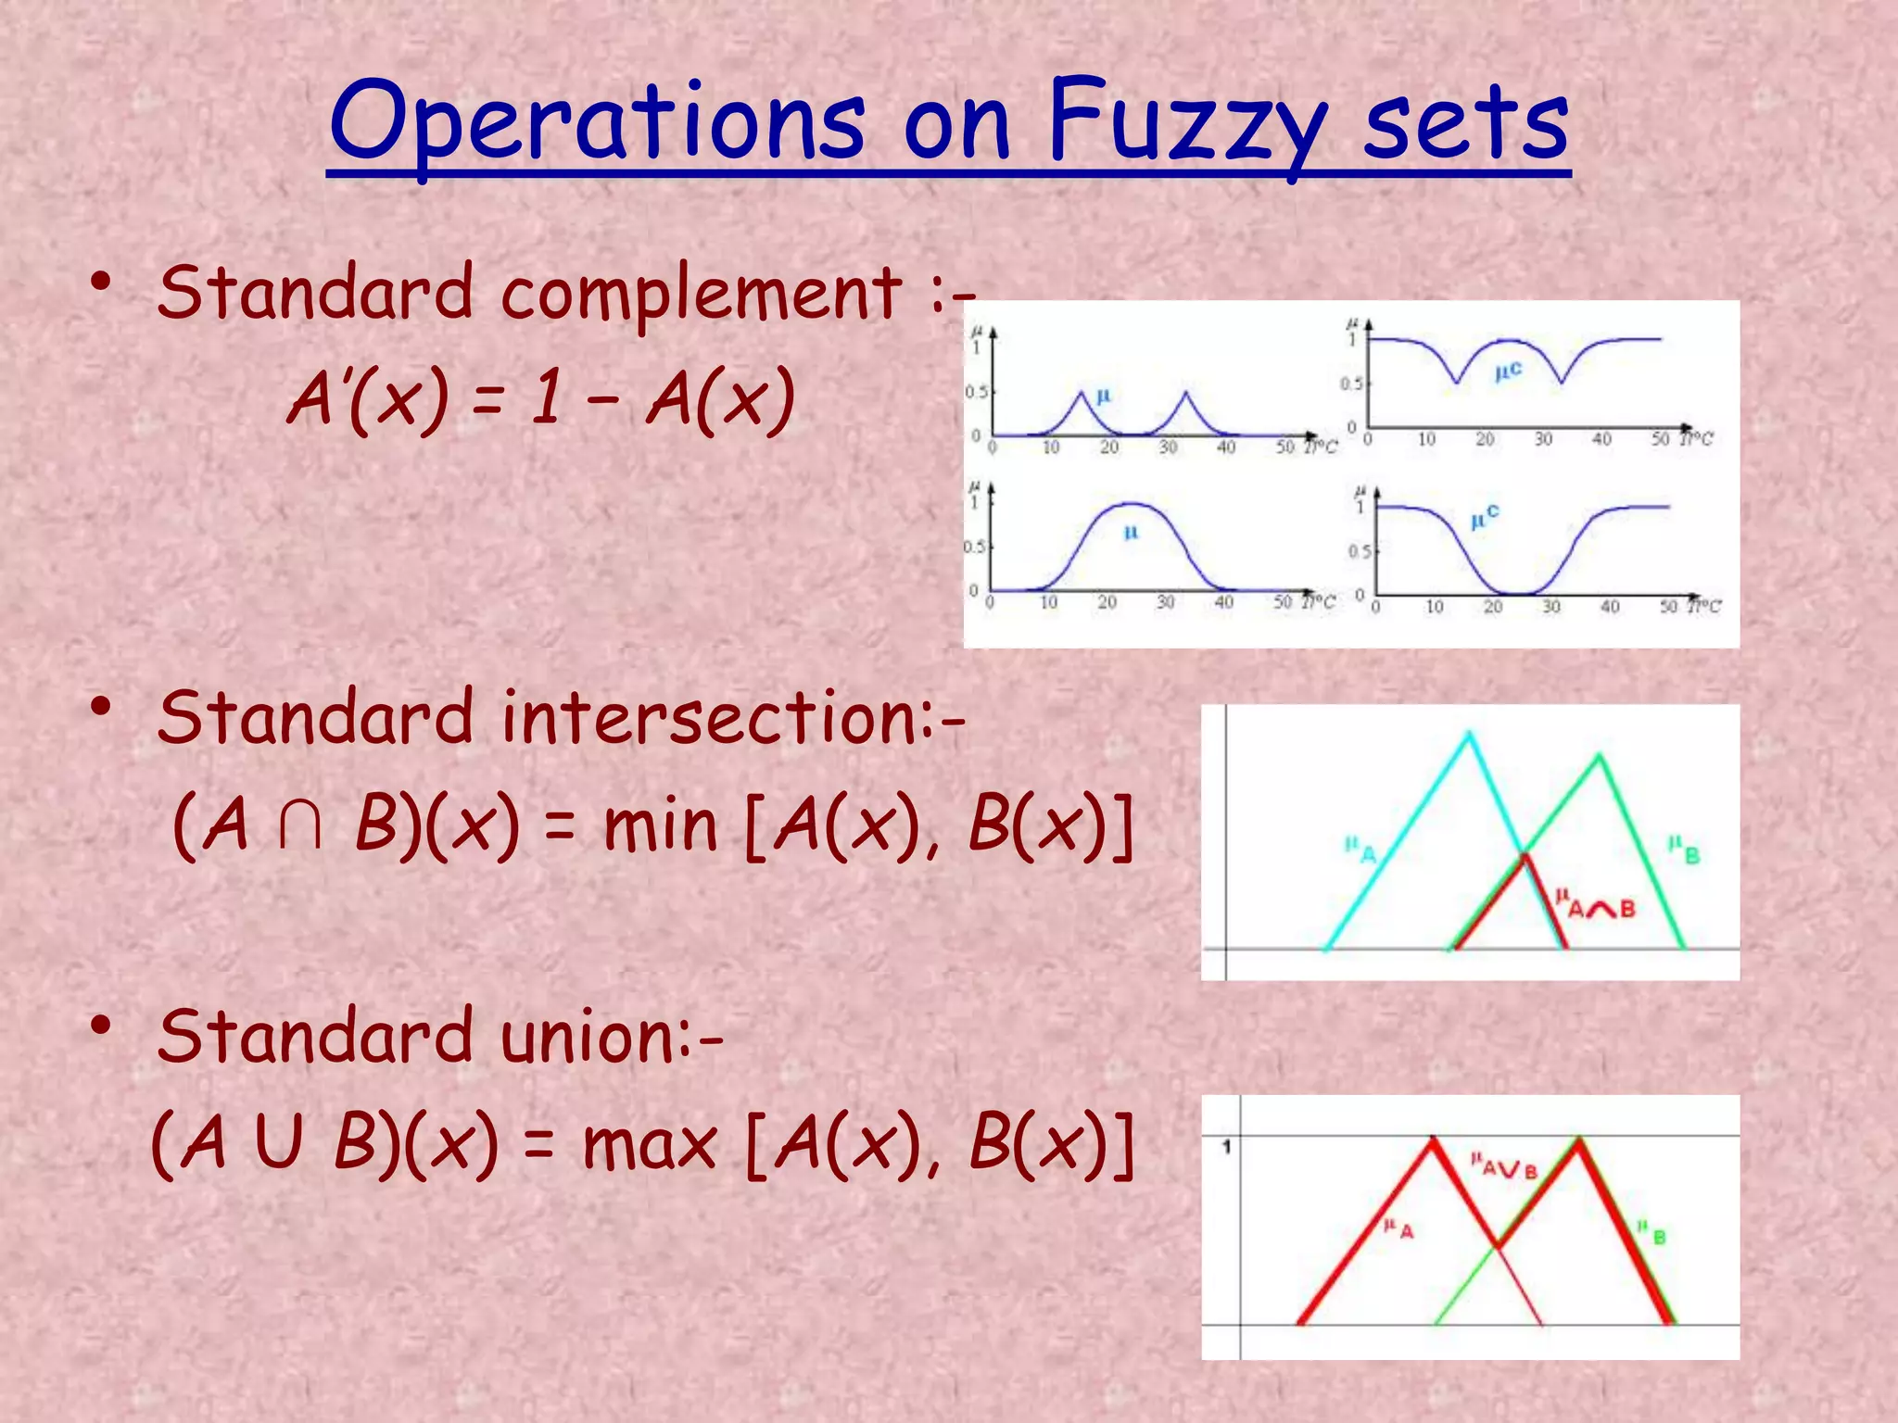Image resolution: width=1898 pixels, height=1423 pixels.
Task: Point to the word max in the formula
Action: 650,1144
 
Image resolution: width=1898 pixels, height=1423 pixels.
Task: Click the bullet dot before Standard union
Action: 101,1026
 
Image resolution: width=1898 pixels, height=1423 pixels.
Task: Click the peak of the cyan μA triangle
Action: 1469,735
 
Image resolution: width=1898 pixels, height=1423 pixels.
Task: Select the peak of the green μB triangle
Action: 1600,758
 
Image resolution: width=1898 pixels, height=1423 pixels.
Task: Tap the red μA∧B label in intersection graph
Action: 1595,904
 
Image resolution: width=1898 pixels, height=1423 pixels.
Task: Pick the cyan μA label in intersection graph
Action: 1360,850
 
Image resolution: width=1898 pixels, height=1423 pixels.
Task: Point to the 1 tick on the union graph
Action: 1226,1147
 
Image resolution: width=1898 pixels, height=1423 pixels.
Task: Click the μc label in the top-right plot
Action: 1508,371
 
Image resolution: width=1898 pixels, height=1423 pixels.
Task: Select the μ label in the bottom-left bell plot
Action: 1131,533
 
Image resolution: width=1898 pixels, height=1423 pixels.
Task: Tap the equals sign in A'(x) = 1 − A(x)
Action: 488,400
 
